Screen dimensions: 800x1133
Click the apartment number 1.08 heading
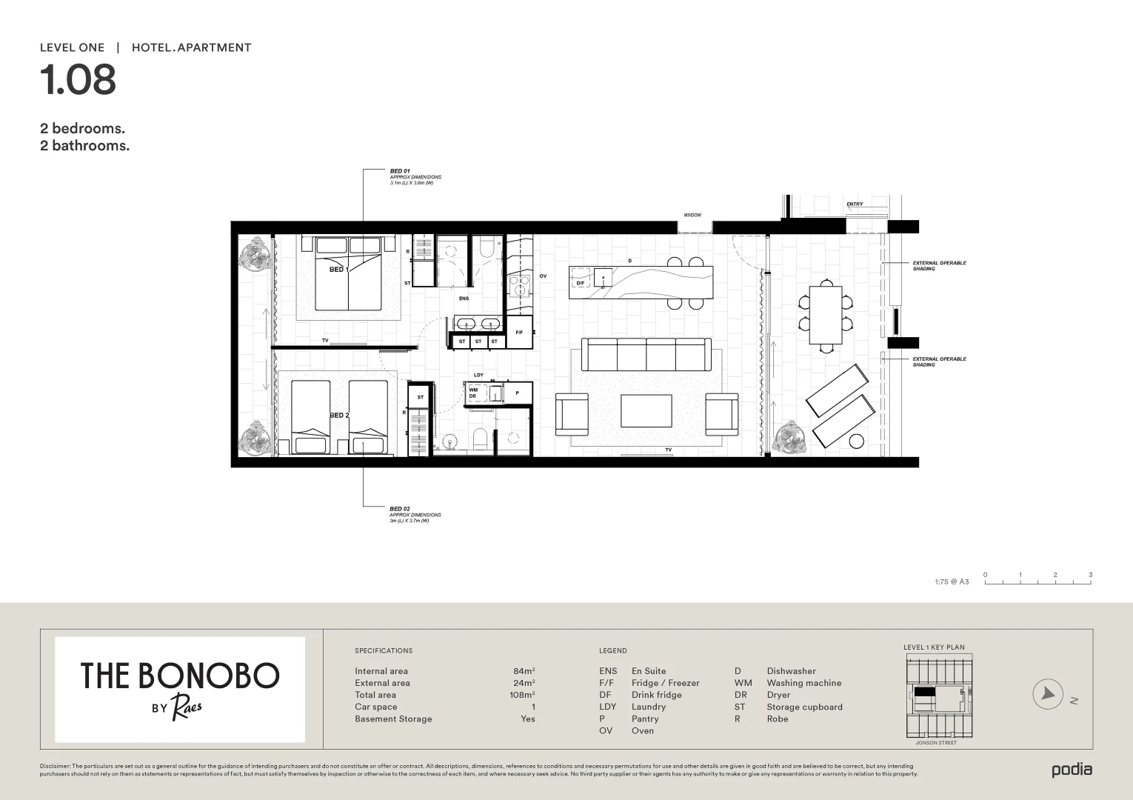(x=78, y=80)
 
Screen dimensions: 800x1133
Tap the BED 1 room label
(x=338, y=270)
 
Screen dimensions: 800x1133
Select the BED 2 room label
(x=338, y=416)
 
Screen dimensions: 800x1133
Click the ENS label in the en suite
(x=464, y=299)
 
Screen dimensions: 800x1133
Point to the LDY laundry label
(x=478, y=375)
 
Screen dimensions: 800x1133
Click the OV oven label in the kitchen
(x=543, y=276)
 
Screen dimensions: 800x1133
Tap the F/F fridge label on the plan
(x=519, y=333)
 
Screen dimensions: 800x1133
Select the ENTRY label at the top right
(x=855, y=204)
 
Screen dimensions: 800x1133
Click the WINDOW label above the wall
(x=692, y=215)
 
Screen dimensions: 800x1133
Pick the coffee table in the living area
(x=646, y=411)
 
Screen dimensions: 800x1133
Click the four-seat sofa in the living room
(x=646, y=354)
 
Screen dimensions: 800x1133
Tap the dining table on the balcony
(x=825, y=315)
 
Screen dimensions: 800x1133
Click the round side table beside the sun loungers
(x=856, y=441)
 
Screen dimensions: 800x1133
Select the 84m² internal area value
(x=524, y=671)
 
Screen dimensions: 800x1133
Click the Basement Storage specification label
(x=393, y=719)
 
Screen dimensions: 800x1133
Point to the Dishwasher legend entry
(x=791, y=671)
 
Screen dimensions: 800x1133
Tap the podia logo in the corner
(x=1072, y=770)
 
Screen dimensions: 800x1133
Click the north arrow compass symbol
(x=1048, y=694)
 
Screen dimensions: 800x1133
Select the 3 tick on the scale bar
(x=1090, y=575)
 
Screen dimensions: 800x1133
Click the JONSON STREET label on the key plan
(x=935, y=742)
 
